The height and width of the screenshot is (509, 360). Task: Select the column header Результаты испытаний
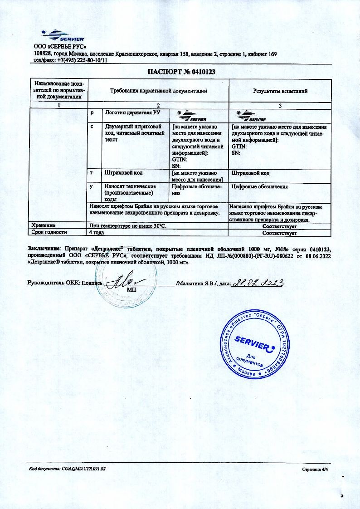280,91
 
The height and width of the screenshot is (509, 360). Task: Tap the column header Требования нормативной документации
159,91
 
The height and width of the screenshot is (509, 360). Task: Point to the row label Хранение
43,225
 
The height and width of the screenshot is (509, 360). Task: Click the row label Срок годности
49,232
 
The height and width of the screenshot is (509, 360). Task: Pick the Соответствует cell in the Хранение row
280,225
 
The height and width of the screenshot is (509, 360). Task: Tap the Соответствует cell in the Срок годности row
280,233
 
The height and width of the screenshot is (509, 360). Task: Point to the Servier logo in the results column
252,116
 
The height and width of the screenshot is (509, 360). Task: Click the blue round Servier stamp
254,343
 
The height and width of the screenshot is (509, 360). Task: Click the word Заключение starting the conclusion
44,249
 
